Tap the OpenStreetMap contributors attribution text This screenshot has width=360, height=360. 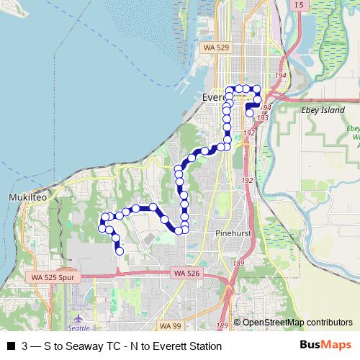point(297,322)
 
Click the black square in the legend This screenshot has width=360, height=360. point(10,346)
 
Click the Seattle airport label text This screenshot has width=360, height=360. point(80,328)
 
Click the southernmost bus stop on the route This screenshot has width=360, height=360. point(120,251)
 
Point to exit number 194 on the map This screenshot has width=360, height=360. point(280,75)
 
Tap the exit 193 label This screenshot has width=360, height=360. point(262,117)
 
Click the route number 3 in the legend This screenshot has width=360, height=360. point(26,346)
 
